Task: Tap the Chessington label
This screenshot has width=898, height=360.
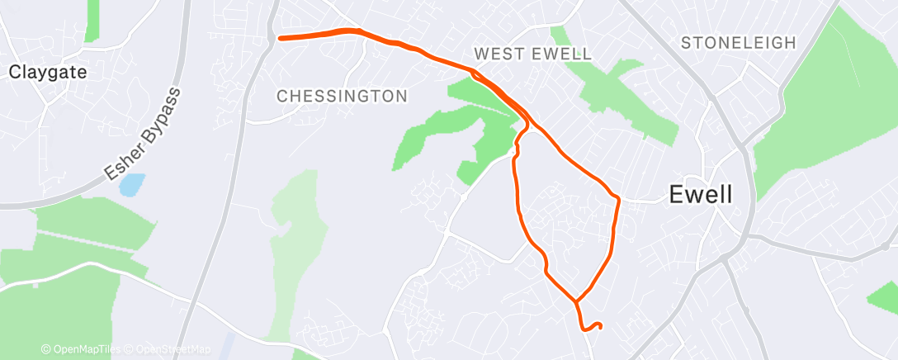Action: click(x=342, y=96)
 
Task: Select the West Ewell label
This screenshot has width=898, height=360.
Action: click(x=532, y=54)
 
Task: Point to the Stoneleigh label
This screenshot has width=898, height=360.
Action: click(x=739, y=43)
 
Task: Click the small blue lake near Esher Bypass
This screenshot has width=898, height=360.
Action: click(x=130, y=184)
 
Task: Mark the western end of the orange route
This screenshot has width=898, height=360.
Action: click(x=281, y=38)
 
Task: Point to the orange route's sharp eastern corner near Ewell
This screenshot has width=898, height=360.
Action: click(x=617, y=198)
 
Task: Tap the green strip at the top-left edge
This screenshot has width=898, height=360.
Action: click(x=92, y=20)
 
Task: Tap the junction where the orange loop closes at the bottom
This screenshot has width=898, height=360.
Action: click(x=576, y=301)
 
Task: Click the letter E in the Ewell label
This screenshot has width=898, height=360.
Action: click(x=675, y=195)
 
